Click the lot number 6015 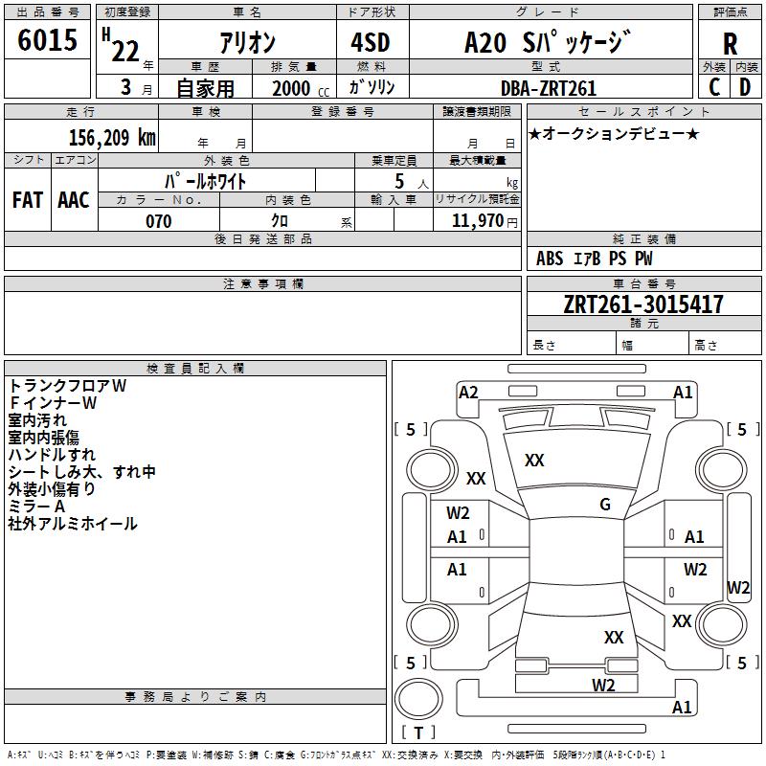point(48,40)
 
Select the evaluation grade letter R point(730,44)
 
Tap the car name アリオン point(247,43)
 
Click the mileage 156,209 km point(112,136)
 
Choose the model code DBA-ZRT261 point(549,88)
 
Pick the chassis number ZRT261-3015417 point(643,304)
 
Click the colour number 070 point(158,221)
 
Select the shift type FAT point(27,200)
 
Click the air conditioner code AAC point(74,200)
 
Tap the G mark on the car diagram point(605,505)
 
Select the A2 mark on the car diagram point(468,392)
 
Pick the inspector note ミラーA point(36,507)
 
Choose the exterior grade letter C point(714,87)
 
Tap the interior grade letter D point(745,87)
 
